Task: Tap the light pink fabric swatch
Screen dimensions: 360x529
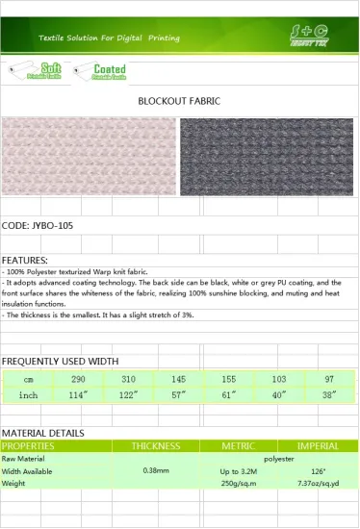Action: tap(90, 156)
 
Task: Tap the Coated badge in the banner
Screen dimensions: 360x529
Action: tap(96, 69)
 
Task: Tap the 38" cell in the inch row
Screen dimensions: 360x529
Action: tap(329, 395)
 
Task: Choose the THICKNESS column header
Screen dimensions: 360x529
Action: tap(156, 446)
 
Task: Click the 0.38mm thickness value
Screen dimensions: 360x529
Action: tap(156, 470)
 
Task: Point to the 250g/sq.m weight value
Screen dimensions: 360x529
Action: tap(238, 483)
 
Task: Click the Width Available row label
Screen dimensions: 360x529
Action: tap(28, 471)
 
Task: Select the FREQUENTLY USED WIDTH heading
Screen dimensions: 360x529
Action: tap(60, 361)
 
